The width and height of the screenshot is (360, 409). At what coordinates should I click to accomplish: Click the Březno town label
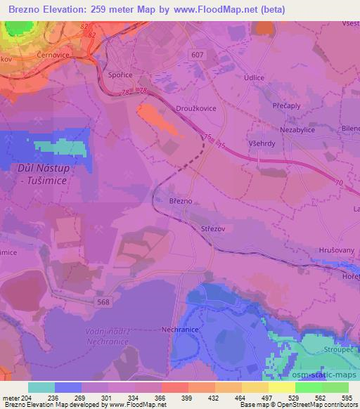pos(181,200)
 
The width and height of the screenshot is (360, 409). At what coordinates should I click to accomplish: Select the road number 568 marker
pos(103,301)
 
